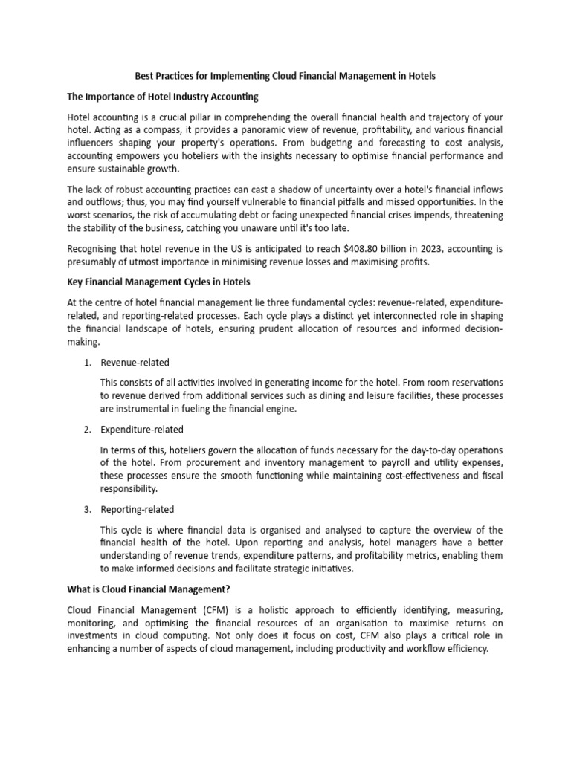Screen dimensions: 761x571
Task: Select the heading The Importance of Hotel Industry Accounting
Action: [x=163, y=97]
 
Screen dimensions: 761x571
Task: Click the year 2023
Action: [x=401, y=247]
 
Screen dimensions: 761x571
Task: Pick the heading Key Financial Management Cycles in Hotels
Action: [x=160, y=282]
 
